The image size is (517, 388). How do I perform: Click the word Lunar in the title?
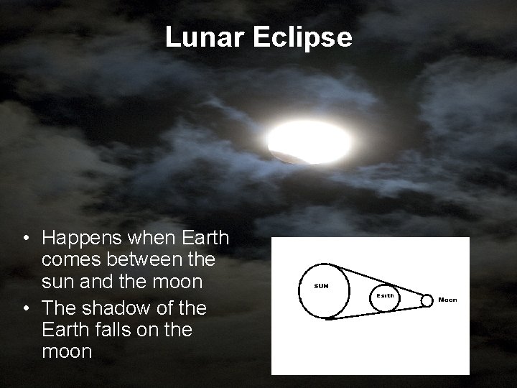point(205,37)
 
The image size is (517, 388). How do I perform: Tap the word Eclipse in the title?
point(302,38)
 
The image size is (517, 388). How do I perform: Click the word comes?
point(70,259)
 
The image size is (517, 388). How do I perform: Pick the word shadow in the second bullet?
point(121,308)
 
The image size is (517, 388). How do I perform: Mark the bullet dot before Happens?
point(26,238)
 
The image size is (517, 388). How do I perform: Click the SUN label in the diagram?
point(322,286)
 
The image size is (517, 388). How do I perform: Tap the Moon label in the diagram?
point(447,299)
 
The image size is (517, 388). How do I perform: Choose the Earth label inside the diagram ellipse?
point(386,295)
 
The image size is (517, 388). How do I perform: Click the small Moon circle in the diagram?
point(427,300)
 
